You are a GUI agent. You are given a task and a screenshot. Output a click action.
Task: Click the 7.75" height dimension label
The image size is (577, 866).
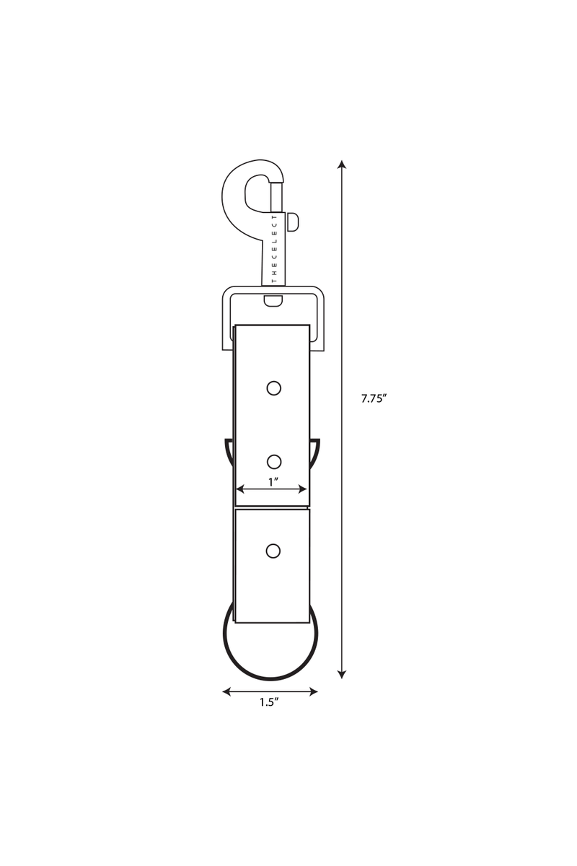click(x=374, y=398)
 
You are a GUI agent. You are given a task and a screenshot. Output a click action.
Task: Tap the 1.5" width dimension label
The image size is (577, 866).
click(x=269, y=702)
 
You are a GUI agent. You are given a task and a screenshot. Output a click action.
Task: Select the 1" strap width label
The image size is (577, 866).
click(x=273, y=482)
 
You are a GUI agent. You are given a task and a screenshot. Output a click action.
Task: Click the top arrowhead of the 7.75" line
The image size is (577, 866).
click(x=341, y=165)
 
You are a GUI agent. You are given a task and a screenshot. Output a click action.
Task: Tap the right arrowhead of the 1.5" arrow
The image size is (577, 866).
click(x=313, y=691)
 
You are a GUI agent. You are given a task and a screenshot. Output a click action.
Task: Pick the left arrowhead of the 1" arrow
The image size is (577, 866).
click(x=240, y=489)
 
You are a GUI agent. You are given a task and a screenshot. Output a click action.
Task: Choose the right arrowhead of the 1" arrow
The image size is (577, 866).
click(x=303, y=489)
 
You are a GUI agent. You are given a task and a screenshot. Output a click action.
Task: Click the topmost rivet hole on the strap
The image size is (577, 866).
click(x=273, y=388)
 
